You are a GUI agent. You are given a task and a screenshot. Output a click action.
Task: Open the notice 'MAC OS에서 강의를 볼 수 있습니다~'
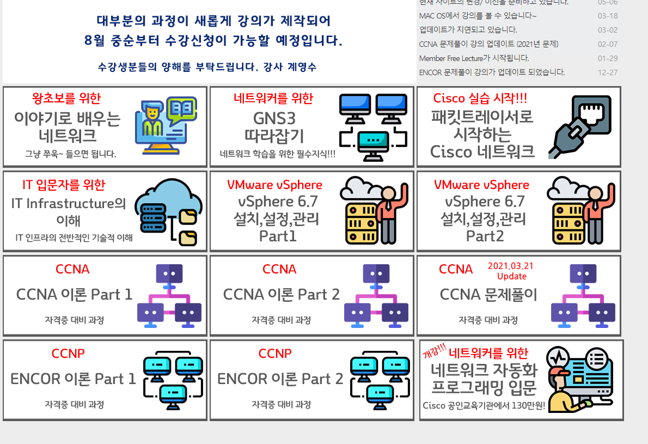point(478,16)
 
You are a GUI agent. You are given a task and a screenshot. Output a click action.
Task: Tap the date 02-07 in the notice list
point(607,44)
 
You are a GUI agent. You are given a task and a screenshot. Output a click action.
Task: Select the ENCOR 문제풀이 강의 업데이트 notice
point(492,72)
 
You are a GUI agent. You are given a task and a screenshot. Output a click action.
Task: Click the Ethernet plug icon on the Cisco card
point(579,127)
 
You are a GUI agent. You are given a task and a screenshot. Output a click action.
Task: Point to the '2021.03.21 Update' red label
point(511,271)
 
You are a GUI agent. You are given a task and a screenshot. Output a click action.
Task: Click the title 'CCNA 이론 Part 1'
point(74,295)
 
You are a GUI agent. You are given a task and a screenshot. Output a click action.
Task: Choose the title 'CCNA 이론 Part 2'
point(281,295)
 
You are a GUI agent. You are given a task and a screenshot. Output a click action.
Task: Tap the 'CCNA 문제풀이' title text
point(488,295)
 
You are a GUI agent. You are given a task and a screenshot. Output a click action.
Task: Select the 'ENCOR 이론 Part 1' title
point(73,379)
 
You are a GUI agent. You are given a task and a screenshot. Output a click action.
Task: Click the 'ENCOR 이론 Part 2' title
point(280,379)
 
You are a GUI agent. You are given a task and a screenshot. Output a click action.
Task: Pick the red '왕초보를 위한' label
point(66,99)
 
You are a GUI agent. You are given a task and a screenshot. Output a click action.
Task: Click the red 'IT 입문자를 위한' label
point(64,185)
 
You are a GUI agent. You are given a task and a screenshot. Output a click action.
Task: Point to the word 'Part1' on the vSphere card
point(278,236)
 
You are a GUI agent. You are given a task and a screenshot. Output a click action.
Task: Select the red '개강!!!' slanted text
point(434,350)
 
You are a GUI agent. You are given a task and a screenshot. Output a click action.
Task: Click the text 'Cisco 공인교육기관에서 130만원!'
point(484,405)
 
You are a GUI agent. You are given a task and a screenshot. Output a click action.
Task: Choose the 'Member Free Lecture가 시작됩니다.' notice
point(474,58)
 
